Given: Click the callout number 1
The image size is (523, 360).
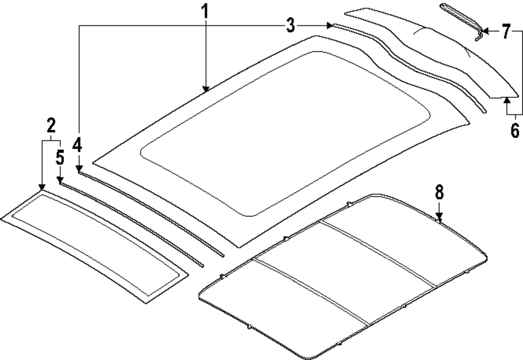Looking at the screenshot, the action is [x=206, y=10].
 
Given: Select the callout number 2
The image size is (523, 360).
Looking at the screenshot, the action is [x=51, y=126].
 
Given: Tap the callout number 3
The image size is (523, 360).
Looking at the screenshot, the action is [x=290, y=25].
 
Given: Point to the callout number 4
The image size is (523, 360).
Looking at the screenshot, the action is [x=77, y=144].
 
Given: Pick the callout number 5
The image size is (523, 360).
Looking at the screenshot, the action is [x=60, y=156].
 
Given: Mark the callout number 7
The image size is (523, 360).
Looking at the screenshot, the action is [x=506, y=32].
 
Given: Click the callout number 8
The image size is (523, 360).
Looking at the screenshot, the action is [x=439, y=192].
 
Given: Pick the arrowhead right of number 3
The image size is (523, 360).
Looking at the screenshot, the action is [x=329, y=25].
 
